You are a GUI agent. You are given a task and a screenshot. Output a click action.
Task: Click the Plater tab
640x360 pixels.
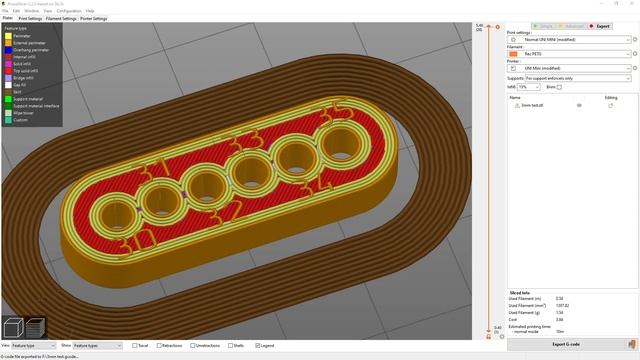[8, 18]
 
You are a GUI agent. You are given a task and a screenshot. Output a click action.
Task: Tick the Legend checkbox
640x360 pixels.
[258, 345]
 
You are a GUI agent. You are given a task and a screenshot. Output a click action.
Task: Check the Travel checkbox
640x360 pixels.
[133, 345]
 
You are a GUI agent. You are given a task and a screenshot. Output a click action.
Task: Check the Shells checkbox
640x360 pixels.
[228, 345]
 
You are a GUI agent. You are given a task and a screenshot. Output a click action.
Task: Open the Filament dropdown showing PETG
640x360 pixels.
[570, 53]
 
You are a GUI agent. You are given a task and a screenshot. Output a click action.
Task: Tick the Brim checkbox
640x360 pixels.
[560, 87]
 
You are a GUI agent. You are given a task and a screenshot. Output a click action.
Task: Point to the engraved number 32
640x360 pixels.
[228, 212]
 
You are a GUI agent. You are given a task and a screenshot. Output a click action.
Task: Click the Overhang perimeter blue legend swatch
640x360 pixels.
[6, 48]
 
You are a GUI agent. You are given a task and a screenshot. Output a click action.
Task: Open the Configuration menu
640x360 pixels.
[69, 11]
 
